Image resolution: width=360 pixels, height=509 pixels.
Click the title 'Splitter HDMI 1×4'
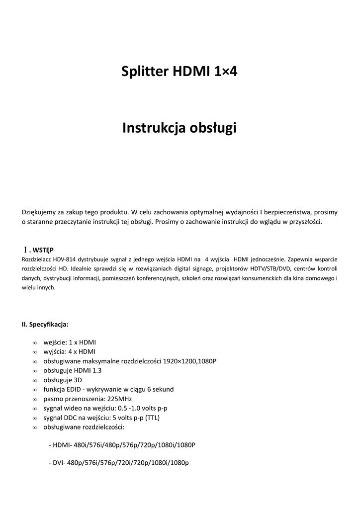click(x=180, y=72)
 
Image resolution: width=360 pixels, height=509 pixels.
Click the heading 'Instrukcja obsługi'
click(x=180, y=128)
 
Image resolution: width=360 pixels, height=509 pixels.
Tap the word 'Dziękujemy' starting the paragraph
click(x=39, y=212)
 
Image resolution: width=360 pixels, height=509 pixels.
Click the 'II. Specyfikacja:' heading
click(x=45, y=325)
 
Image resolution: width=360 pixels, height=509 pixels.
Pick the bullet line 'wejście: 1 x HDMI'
click(x=70, y=342)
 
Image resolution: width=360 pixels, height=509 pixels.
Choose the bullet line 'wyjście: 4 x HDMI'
click(x=70, y=352)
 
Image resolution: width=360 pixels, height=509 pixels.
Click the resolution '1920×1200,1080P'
click(x=190, y=361)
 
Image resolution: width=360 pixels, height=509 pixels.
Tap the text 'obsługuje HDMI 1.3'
click(x=73, y=371)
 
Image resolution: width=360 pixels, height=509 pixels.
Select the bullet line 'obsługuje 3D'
click(x=63, y=380)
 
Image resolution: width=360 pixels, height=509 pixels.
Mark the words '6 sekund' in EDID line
click(x=162, y=389)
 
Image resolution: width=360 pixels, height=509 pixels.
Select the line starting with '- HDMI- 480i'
click(x=122, y=445)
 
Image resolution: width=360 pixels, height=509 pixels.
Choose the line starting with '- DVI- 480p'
click(x=119, y=463)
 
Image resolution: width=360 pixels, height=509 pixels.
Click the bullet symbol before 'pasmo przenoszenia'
click(x=34, y=399)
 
